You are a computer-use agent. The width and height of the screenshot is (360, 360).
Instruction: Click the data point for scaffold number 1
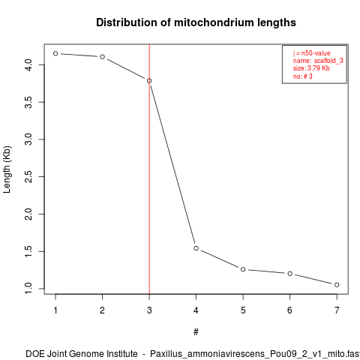pos(55,53)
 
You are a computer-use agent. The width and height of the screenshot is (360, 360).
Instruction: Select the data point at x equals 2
pos(102,57)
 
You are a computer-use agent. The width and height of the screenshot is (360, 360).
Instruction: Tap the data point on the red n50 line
pos(149,81)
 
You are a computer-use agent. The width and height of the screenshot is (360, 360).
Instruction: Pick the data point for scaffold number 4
pos(196,248)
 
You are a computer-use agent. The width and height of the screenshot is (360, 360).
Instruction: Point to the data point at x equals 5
pos(243,269)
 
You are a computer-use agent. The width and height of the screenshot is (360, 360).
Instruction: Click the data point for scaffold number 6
pos(289,274)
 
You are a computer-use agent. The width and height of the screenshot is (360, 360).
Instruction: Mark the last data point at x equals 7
pos(337,285)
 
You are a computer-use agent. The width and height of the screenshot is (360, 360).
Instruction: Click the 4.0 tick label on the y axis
pos(29,65)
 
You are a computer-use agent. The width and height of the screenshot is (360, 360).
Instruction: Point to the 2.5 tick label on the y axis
pos(29,176)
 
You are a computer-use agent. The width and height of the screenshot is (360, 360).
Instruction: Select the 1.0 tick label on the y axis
pos(29,289)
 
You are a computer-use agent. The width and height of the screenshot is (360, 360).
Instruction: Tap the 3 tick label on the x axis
pos(149,310)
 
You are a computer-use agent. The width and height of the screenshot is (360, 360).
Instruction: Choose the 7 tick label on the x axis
pos(337,310)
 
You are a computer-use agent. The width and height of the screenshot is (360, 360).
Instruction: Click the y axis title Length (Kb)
pos(7,169)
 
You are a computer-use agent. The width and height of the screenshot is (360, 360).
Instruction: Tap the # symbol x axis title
pos(196,331)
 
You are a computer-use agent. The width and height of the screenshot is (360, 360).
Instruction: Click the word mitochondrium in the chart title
pos(211,22)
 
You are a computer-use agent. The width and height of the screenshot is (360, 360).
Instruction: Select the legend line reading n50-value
pos(312,53)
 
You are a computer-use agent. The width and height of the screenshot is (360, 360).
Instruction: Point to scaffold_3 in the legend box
pos(328,61)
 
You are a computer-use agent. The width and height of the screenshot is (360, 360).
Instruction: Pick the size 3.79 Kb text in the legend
pos(311,68)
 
